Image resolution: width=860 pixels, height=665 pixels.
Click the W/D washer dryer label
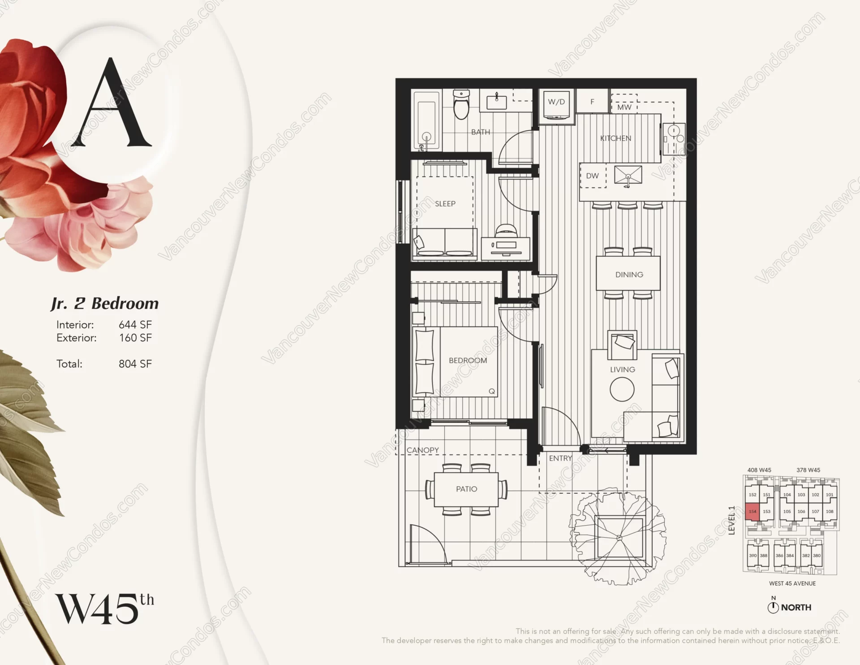click(556, 102)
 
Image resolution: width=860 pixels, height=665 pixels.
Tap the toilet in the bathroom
click(461, 105)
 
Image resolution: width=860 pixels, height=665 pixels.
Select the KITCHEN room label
click(615, 138)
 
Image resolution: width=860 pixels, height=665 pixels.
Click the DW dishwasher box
click(592, 176)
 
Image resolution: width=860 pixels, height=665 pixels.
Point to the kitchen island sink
click(628, 175)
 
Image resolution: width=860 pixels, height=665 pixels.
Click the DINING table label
click(629, 275)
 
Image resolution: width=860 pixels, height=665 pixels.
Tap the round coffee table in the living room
click(622, 389)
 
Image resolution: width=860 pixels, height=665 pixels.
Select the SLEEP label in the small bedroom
click(445, 204)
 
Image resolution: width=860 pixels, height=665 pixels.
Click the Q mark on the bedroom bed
click(491, 391)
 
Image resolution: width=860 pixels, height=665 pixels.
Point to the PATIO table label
click(466, 489)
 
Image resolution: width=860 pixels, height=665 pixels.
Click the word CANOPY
click(422, 450)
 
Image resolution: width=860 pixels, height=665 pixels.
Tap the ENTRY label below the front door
click(560, 458)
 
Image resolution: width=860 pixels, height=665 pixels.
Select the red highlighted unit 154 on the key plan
click(752, 512)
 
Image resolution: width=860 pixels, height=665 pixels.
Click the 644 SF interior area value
click(135, 324)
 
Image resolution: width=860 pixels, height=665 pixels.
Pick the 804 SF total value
click(135, 364)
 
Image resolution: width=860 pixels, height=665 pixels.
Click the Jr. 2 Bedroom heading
click(105, 303)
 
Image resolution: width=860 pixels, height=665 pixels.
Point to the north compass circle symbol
click(773, 608)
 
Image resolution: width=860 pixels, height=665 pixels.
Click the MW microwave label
click(624, 107)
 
